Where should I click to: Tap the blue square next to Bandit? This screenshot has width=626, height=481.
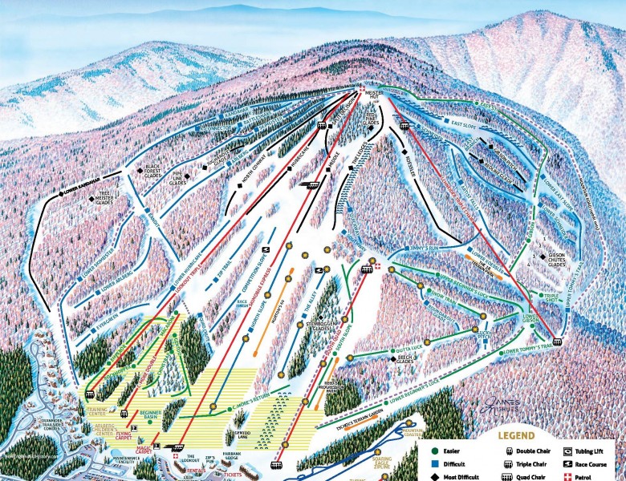148,211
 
